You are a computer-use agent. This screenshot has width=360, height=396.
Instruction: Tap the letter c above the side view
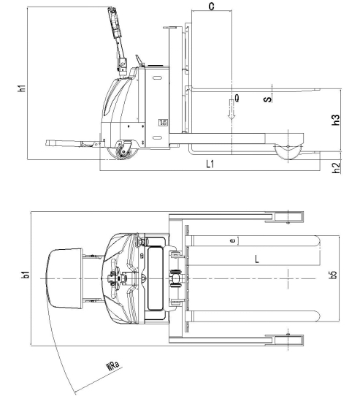[x=212, y=6]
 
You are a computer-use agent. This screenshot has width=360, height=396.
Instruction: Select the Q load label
[x=237, y=98]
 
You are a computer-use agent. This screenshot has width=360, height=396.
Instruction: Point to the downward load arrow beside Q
[x=231, y=110]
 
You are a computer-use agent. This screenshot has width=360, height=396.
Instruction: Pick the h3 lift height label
[x=336, y=120]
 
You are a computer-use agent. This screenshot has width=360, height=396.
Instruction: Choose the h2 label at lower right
[x=336, y=168]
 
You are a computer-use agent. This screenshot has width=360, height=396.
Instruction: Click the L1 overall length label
[x=210, y=164]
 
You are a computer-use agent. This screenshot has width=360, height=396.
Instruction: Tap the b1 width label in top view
[x=26, y=275]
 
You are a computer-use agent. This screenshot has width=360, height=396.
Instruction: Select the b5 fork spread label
[x=334, y=275]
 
